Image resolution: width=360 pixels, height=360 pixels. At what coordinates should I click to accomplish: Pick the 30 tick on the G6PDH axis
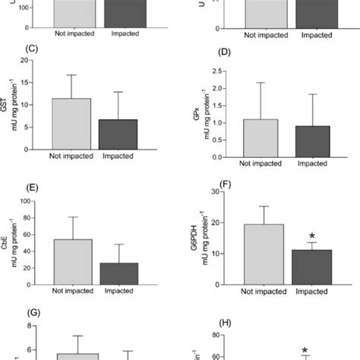point(229,191)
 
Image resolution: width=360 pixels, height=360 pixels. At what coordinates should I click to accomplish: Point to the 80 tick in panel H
point(229,334)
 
